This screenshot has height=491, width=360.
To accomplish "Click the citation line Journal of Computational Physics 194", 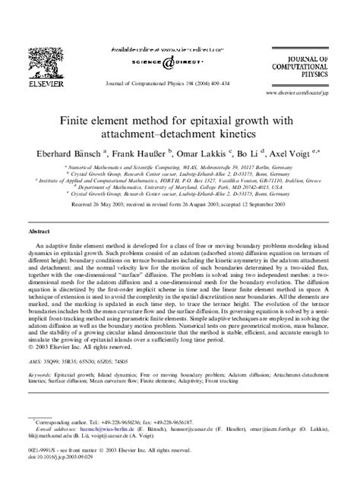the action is click(x=179, y=84).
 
